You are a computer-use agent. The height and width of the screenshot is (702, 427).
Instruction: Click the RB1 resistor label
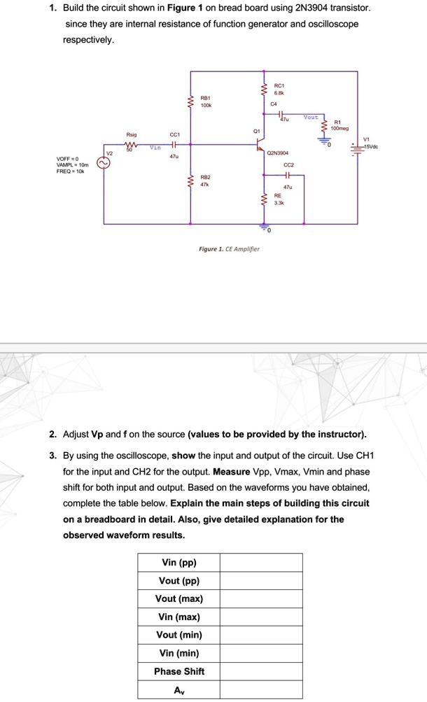pos(206,99)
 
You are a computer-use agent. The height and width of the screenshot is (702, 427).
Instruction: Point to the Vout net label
pos(310,118)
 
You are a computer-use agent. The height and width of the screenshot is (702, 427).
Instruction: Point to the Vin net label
pos(155,148)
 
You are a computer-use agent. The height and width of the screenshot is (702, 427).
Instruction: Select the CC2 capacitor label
pos(288,166)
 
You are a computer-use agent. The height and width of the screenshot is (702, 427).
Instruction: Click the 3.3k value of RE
pos(278,204)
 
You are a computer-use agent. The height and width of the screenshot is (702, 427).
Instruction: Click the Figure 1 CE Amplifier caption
pos(229,248)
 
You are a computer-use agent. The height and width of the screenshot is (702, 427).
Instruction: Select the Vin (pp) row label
pos(179,563)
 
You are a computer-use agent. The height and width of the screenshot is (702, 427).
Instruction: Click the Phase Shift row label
pos(179,671)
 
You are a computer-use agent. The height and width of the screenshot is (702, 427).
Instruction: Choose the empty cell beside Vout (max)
pos(261,599)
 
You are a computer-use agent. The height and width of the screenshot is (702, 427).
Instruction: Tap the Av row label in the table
pos(179,689)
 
